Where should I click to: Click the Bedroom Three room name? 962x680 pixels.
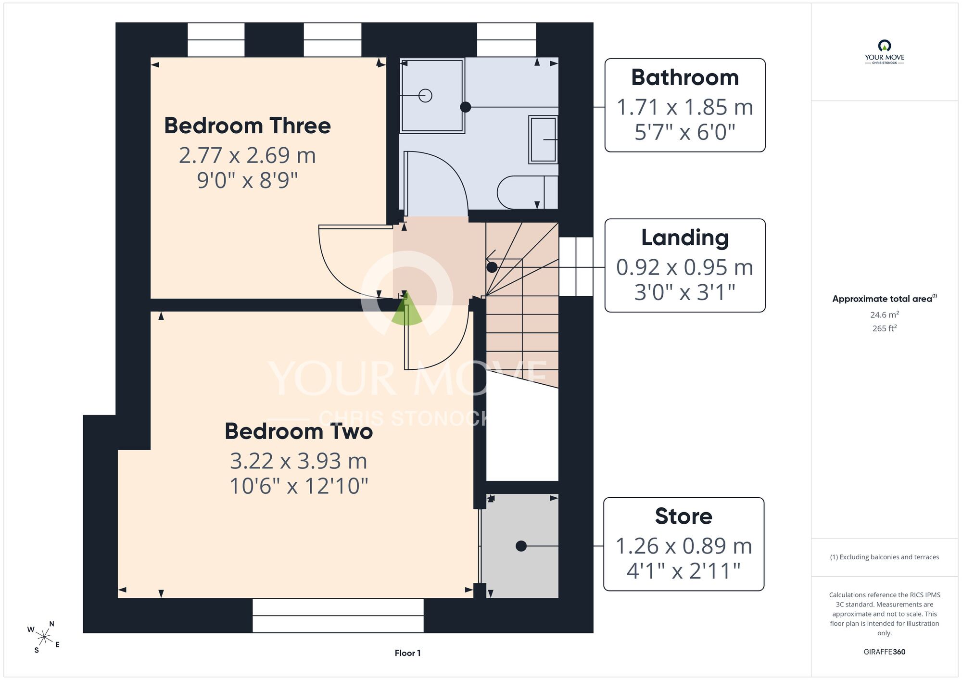[x=247, y=126]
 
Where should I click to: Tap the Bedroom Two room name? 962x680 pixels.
[x=299, y=431]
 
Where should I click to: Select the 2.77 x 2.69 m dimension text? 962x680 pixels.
[x=247, y=155]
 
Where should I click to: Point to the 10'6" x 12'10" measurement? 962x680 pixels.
[x=299, y=486]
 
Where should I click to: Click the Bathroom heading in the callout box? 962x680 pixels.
[x=685, y=77]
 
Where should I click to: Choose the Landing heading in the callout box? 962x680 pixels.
[x=685, y=238]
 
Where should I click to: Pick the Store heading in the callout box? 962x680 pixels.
[x=684, y=516]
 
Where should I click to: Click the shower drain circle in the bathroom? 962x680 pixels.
[x=425, y=96]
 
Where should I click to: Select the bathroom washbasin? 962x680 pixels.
[x=544, y=139]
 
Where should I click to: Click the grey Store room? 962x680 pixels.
[x=520, y=546]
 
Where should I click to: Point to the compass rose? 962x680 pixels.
[x=44, y=637]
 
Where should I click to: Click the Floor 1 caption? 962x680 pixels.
[x=407, y=653]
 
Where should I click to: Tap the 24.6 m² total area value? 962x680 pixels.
[x=885, y=315]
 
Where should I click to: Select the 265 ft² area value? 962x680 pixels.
[x=885, y=328]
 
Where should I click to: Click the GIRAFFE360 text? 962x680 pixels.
[x=885, y=652]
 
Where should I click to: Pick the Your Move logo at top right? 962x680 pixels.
[x=885, y=52]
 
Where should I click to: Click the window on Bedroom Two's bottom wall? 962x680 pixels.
[x=338, y=616]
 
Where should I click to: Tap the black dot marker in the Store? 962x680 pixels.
[x=521, y=546]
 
